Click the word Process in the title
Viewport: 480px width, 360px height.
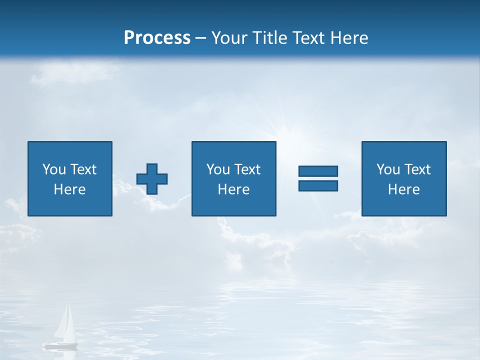click(157, 38)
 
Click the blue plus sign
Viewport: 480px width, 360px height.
click(152, 179)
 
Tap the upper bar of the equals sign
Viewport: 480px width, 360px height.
click(318, 171)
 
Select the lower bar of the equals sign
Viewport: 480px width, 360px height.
click(318, 185)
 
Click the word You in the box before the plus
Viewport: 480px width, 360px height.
click(54, 169)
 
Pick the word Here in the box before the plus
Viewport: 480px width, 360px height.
click(69, 189)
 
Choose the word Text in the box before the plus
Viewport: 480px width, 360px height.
click(83, 169)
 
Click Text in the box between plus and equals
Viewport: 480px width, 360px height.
click(247, 169)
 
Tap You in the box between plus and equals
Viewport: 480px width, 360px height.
click(218, 169)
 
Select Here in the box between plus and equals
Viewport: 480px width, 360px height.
click(233, 189)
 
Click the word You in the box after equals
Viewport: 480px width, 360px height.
click(388, 169)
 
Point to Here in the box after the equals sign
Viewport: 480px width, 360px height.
click(403, 189)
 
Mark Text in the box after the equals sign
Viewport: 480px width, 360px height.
click(417, 169)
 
